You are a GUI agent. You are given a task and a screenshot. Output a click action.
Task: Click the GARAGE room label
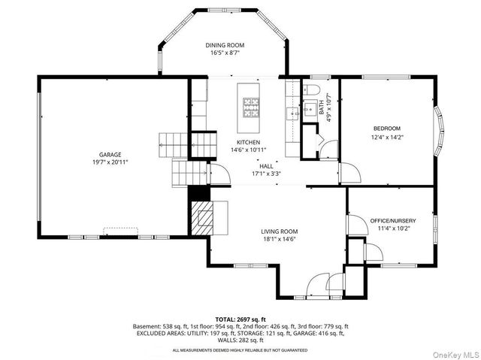110,155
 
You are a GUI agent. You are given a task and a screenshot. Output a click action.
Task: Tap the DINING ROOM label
225,45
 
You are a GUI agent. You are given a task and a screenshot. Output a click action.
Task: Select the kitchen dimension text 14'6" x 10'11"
249,150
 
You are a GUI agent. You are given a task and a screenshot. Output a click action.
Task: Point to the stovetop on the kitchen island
251,107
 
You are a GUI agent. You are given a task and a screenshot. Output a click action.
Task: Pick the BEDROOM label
387,129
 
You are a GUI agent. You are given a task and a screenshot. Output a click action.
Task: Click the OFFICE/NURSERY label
393,221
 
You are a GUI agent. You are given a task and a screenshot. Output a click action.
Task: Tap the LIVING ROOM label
279,231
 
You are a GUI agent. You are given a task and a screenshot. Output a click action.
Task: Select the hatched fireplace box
202,218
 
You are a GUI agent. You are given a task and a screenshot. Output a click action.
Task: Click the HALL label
266,166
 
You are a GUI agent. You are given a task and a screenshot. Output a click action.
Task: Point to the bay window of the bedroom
439,132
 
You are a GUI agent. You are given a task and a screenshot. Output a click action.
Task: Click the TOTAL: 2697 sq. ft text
240,320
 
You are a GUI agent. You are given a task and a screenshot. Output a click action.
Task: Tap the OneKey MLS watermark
455,355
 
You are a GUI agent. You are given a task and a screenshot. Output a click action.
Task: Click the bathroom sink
310,108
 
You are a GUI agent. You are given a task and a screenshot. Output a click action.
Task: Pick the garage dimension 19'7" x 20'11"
110,162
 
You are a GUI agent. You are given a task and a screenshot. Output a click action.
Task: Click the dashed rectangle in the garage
120,231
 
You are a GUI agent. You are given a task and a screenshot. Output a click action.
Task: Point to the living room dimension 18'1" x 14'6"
279,239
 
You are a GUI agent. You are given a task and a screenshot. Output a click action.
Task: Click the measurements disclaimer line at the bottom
240,350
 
